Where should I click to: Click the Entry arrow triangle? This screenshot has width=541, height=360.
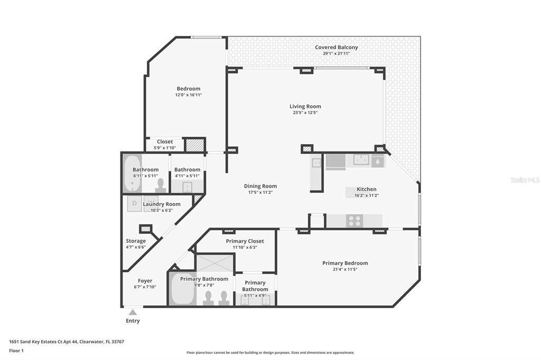click(133, 312)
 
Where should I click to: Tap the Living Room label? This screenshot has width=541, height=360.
click(305, 107)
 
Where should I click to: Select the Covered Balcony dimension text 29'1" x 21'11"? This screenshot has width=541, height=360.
click(337, 53)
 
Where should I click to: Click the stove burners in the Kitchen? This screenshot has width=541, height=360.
click(355, 221)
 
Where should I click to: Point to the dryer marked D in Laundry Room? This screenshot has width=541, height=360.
click(135, 204)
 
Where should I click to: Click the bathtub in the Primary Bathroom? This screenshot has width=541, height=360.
click(182, 289)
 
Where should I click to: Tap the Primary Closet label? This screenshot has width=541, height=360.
click(245, 241)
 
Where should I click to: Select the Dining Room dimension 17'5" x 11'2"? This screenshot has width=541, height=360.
click(260, 193)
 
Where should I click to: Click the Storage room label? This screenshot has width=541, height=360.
click(136, 241)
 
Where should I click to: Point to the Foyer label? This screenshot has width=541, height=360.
click(145, 281)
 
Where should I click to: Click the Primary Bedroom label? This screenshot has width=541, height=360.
click(345, 263)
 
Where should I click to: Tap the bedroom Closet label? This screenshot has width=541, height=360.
click(165, 141)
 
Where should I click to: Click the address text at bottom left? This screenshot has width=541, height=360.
click(67, 342)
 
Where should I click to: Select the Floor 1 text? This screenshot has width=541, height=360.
click(16, 350)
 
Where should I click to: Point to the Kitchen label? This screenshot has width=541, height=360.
click(367, 189)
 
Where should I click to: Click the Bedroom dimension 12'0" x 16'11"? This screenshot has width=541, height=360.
click(189, 95)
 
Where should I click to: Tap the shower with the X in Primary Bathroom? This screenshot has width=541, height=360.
click(215, 263)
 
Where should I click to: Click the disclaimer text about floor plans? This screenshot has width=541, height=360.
click(270, 353)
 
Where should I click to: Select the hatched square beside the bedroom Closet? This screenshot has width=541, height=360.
click(194, 145)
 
